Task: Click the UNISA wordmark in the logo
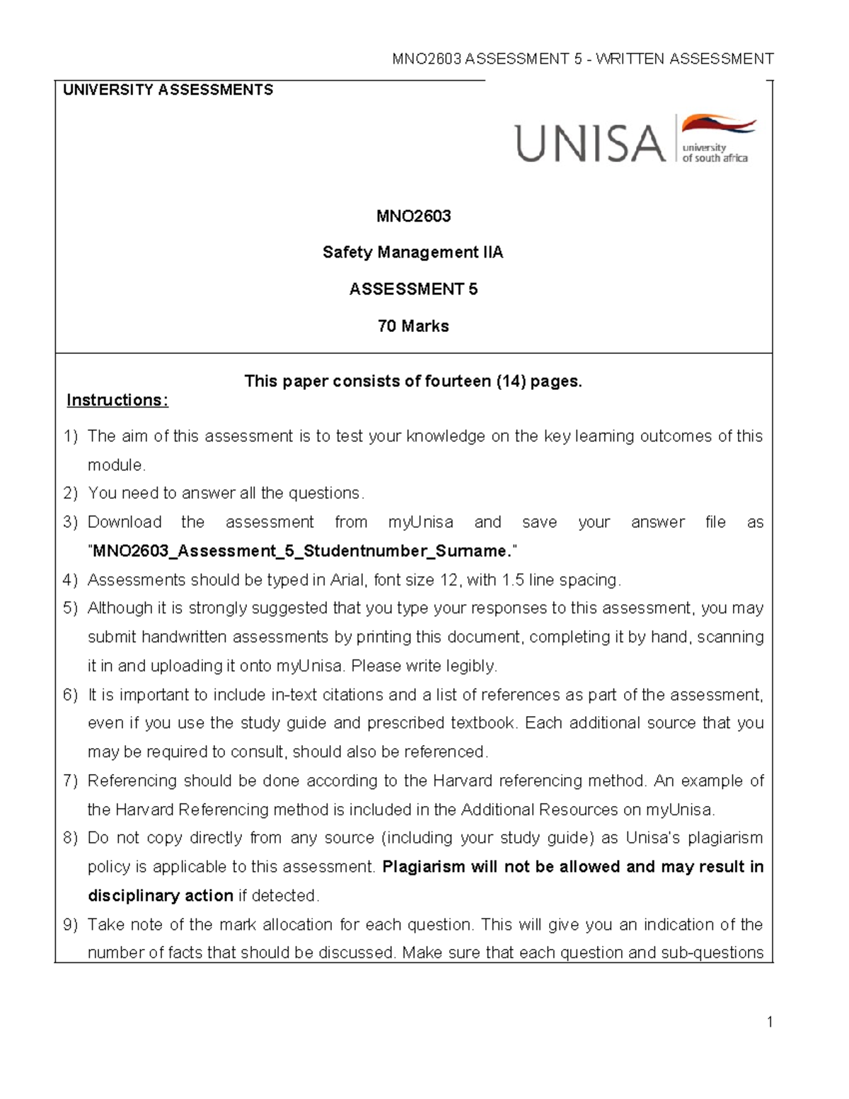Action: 590,142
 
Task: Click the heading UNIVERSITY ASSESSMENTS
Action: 168,90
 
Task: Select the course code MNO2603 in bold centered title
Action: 413,216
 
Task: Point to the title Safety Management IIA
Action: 412,253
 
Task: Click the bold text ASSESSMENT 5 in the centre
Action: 413,289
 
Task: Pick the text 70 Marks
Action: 413,326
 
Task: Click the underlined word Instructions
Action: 117,401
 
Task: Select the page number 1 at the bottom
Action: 769,1021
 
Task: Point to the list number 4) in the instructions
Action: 69,580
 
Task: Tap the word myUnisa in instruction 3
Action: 420,522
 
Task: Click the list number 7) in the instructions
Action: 69,781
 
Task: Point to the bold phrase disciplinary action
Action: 160,896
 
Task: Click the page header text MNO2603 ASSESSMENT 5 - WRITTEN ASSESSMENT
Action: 583,59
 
